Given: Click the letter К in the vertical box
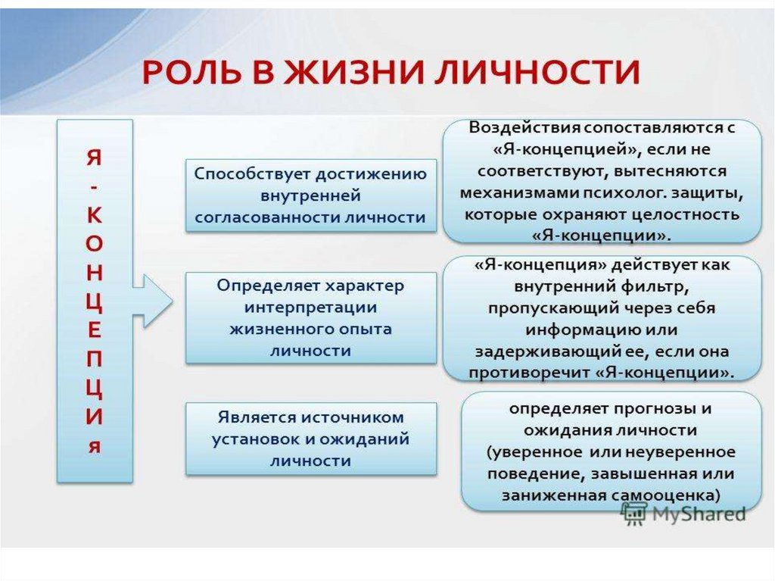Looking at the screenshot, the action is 94,215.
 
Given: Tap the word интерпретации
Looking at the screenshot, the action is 311,308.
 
